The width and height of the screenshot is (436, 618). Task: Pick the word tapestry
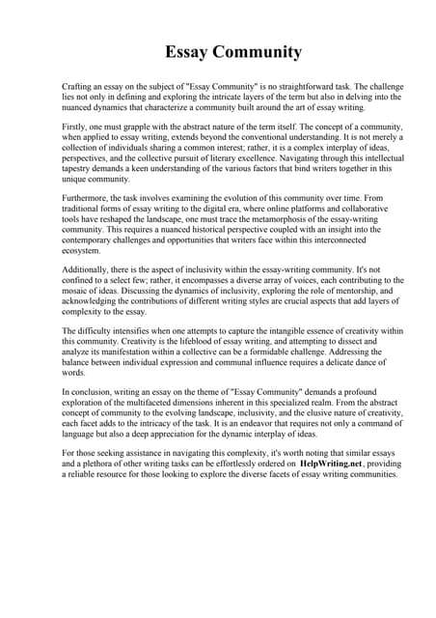click(x=77, y=168)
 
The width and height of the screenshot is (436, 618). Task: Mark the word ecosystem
click(x=81, y=250)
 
